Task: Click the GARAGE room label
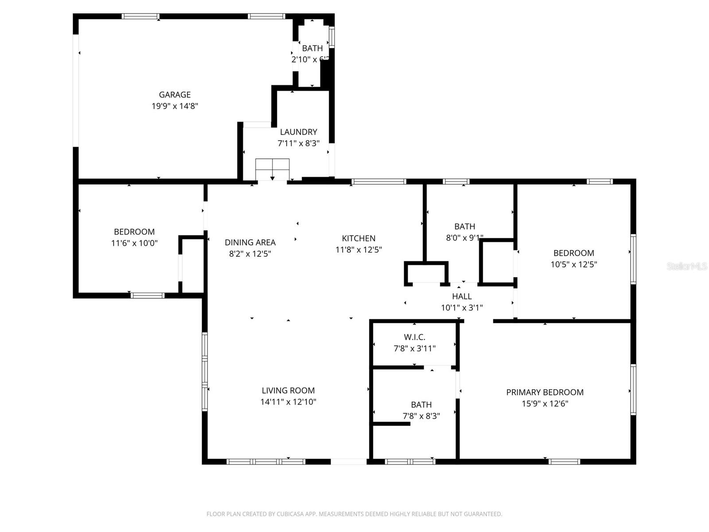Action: coord(175,94)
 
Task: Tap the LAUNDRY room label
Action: coord(298,132)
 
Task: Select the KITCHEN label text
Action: coord(358,238)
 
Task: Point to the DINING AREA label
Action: coord(250,242)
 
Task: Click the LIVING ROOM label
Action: coord(288,390)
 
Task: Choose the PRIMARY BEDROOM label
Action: coord(545,392)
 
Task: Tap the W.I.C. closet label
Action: coord(414,337)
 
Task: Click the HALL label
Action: coord(462,296)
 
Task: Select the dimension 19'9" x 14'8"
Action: coord(175,106)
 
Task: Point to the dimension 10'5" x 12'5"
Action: coord(573,264)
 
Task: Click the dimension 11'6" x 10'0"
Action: coord(134,243)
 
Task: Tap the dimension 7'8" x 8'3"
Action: coord(421,416)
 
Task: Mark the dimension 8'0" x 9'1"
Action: coord(464,238)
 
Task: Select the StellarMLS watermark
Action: coord(686,266)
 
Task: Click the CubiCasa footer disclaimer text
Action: coord(354,514)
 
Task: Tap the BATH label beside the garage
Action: coord(312,48)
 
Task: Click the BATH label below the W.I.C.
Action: coord(421,404)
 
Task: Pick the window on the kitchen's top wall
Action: coord(378,181)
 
